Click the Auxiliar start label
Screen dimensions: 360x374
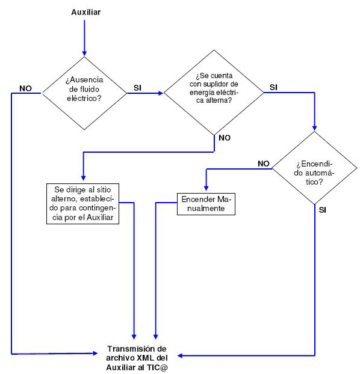[85, 12]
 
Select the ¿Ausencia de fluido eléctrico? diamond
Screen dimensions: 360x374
[84, 93]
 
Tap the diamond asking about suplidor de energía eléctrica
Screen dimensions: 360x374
[214, 93]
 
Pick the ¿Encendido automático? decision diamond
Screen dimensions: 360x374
[314, 168]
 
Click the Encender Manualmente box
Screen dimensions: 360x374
[206, 204]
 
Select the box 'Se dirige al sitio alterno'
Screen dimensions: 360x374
[82, 204]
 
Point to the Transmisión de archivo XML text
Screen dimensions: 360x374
[137, 358]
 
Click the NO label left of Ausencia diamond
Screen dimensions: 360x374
[25, 88]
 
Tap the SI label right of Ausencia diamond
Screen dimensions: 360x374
[137, 88]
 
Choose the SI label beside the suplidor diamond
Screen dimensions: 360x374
[273, 87]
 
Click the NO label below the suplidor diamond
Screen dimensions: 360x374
[225, 138]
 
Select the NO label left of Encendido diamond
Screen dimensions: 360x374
[264, 164]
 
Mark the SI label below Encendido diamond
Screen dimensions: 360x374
[323, 210]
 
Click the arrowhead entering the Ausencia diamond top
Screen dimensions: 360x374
[84, 54]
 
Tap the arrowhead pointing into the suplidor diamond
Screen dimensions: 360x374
[161, 93]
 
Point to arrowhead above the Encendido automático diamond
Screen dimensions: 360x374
[315, 128]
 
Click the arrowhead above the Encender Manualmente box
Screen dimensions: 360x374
[206, 188]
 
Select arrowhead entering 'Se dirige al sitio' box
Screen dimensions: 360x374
[83, 178]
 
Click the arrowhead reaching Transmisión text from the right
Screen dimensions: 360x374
[181, 355]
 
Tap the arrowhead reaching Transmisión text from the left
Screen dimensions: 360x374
[95, 353]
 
